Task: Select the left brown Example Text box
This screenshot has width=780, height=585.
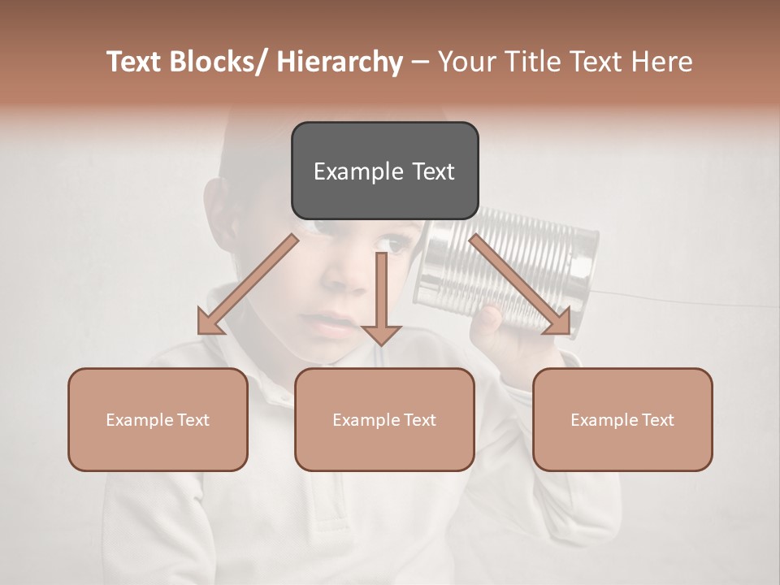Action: pyautogui.click(x=158, y=420)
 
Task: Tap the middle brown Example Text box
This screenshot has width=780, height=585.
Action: pyautogui.click(x=384, y=420)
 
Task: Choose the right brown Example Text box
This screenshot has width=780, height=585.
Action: pyautogui.click(x=622, y=420)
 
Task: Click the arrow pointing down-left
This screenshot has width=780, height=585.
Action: pyautogui.click(x=248, y=284)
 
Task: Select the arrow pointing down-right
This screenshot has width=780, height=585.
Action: pyautogui.click(x=520, y=284)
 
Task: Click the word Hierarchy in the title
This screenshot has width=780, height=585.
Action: pyautogui.click(x=340, y=62)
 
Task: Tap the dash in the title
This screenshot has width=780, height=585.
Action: pyautogui.click(x=420, y=62)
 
